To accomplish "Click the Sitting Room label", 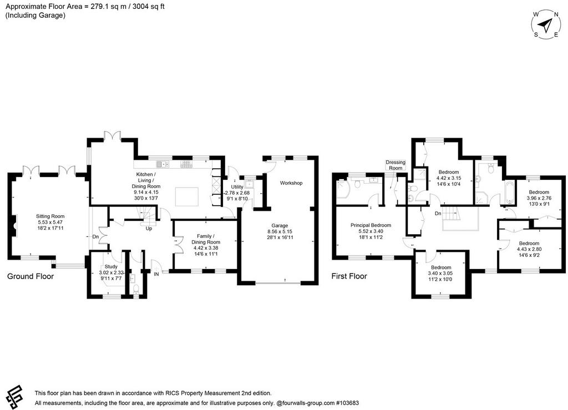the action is [50, 216].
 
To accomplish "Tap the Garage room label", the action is [280, 226].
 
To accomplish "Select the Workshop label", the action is [291, 183].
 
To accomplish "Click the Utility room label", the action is [237, 187].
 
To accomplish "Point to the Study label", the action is [111, 266].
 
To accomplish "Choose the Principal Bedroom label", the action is [371, 225].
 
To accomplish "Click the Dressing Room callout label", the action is [395, 165].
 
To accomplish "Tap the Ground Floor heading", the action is [31, 276].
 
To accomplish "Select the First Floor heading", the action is [349, 276].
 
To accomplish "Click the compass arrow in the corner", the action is [545, 25].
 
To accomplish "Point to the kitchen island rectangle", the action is [187, 196].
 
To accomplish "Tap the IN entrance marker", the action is [156, 274].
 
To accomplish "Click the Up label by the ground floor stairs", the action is [149, 229].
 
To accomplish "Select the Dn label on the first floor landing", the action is [438, 214].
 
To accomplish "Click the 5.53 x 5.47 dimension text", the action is [50, 222].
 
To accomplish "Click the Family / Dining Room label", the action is [206, 240].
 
